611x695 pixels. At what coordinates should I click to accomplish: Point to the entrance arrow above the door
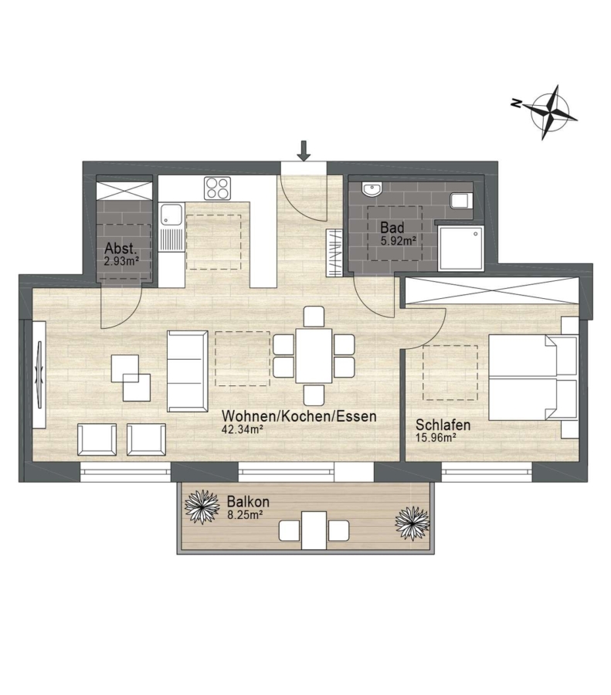point(304,151)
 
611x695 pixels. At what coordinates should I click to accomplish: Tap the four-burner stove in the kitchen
point(217,188)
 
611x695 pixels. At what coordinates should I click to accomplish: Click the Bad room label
point(392,228)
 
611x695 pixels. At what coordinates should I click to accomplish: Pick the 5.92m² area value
point(398,241)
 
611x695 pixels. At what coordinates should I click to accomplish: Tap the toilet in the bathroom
point(461,201)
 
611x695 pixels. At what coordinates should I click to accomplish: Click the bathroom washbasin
point(372,190)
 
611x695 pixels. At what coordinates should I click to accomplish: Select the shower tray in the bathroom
point(460,247)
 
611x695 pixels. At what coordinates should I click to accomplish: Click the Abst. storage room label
point(121,248)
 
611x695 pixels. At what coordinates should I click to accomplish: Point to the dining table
point(314,355)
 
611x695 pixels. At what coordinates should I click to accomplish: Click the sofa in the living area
point(187,371)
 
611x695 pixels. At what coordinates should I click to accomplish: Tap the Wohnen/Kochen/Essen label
point(299,416)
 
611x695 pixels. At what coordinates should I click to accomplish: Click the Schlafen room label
point(443,425)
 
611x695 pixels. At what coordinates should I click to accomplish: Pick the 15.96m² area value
point(436,438)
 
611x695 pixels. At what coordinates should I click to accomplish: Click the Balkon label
point(248,502)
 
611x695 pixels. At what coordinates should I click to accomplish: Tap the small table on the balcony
point(314,530)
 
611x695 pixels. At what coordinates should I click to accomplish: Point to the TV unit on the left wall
point(39,375)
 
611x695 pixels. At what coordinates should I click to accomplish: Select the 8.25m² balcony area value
point(245,514)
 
